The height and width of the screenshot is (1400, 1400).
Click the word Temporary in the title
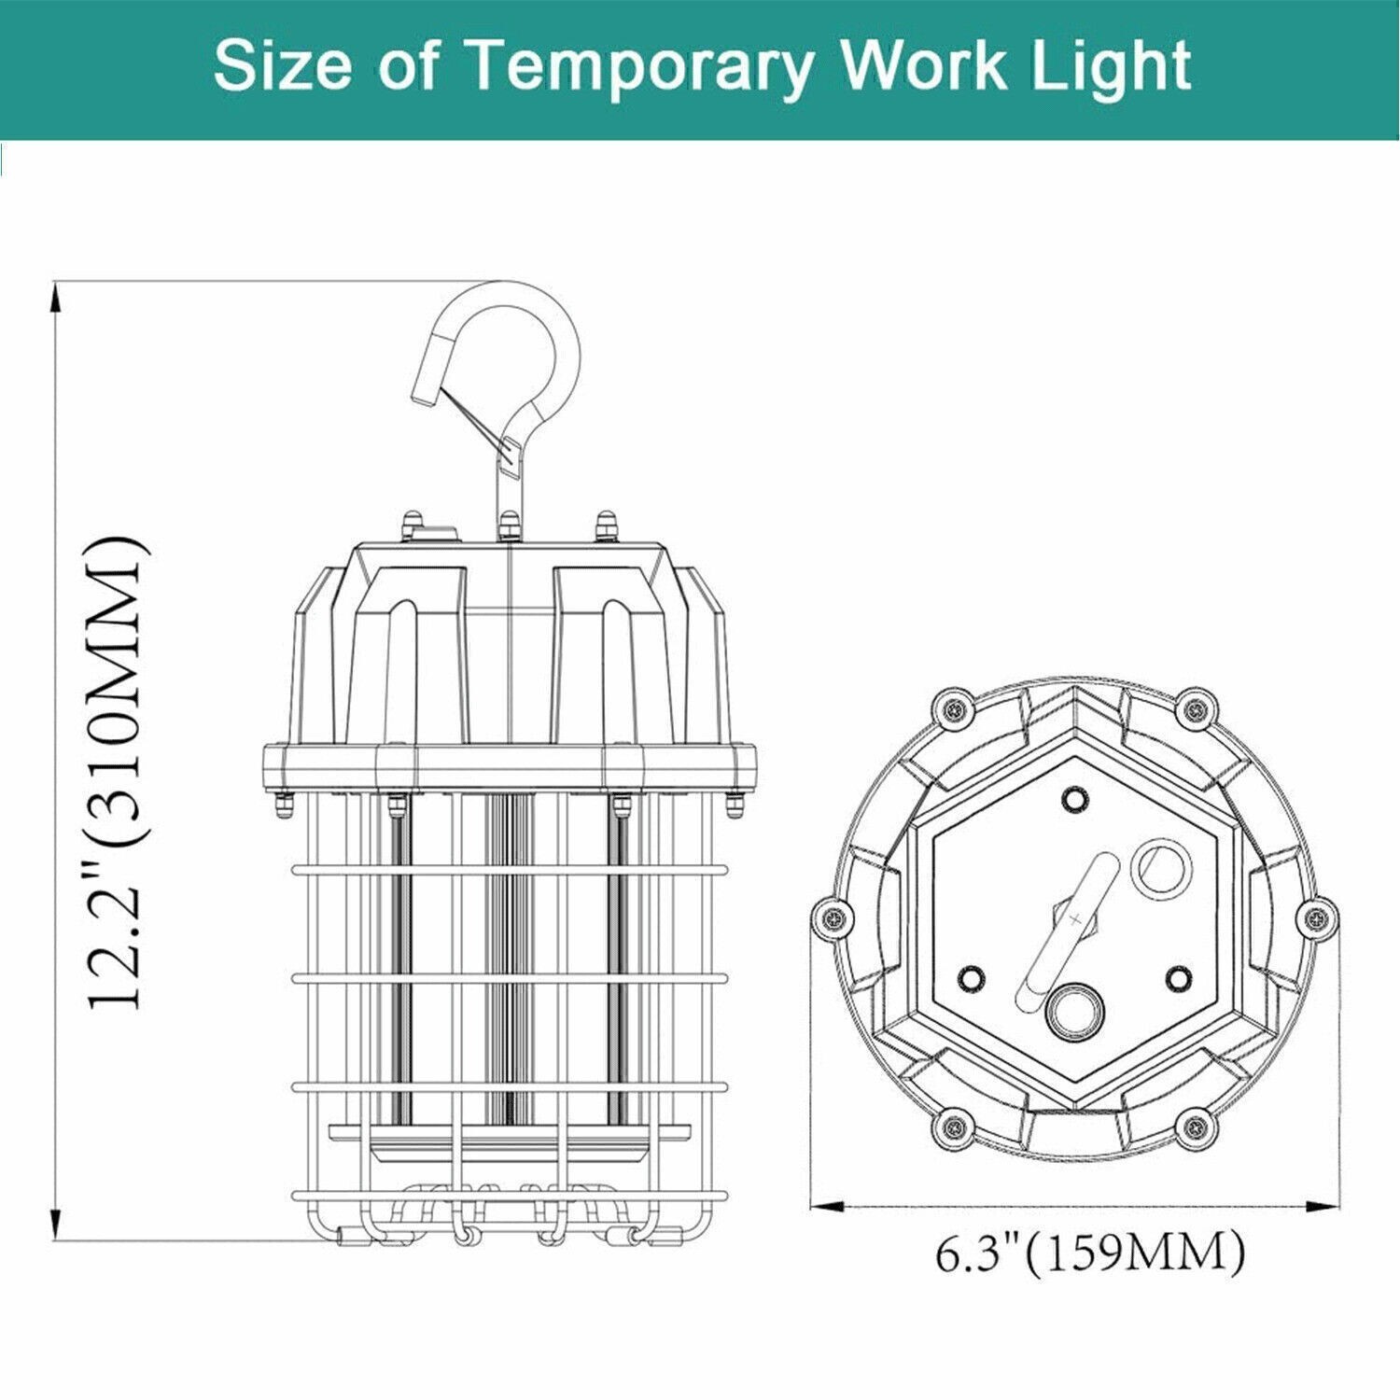click(x=639, y=68)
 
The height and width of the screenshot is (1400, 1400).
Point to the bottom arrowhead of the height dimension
click(x=56, y=1224)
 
